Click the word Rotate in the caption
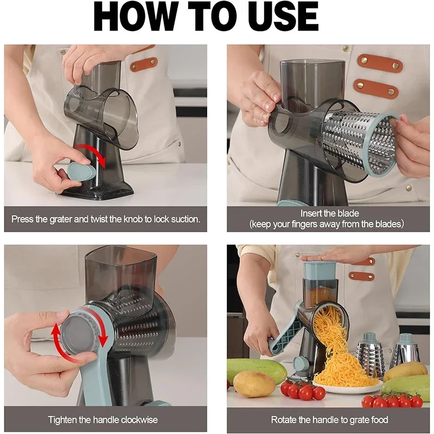pos(284,420)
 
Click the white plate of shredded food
pos(347,387)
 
